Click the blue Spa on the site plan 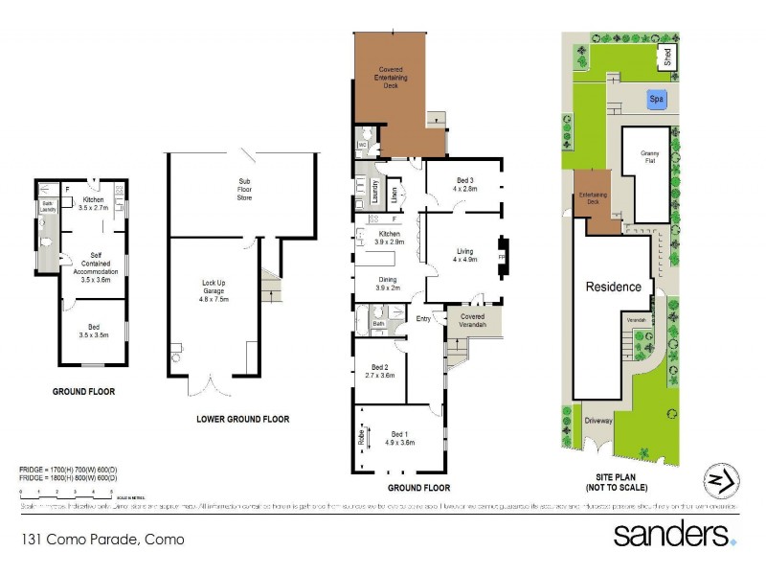point(656,98)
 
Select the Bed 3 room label point(464,184)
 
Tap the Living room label point(464,255)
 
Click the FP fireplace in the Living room point(501,258)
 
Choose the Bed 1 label point(399,438)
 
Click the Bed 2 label point(380,371)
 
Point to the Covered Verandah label point(473,320)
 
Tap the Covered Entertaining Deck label point(390,78)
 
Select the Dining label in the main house point(389,284)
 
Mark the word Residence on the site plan point(613,287)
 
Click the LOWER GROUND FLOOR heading point(242,419)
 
